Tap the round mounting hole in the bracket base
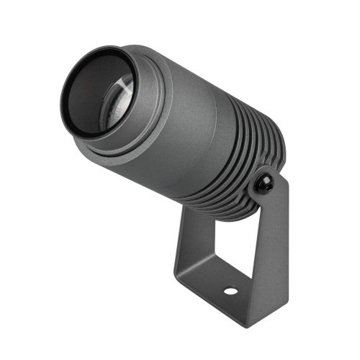point(230,292)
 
